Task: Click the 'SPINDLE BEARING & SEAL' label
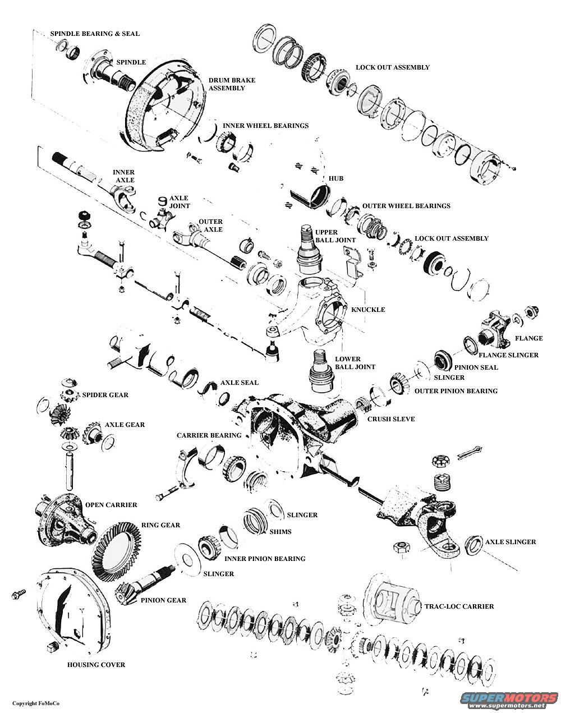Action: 95,34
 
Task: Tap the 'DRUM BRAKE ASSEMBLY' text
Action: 232,84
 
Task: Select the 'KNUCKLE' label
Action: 368,310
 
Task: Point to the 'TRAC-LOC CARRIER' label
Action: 459,606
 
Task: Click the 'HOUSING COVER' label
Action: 96,665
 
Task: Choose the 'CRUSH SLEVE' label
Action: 391,419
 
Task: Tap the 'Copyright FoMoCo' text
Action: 36,703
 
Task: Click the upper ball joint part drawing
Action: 306,250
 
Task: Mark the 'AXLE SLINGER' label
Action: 510,542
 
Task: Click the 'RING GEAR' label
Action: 162,525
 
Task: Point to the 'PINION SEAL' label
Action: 476,367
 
